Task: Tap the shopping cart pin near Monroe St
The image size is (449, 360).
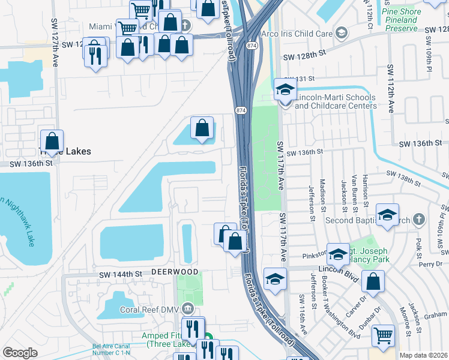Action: click(383, 335)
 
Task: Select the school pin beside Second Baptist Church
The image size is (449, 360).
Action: click(388, 214)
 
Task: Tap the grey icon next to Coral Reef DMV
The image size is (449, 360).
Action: click(188, 309)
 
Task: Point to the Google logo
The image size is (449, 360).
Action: click(20, 353)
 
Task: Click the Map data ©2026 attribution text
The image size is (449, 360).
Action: click(424, 355)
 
